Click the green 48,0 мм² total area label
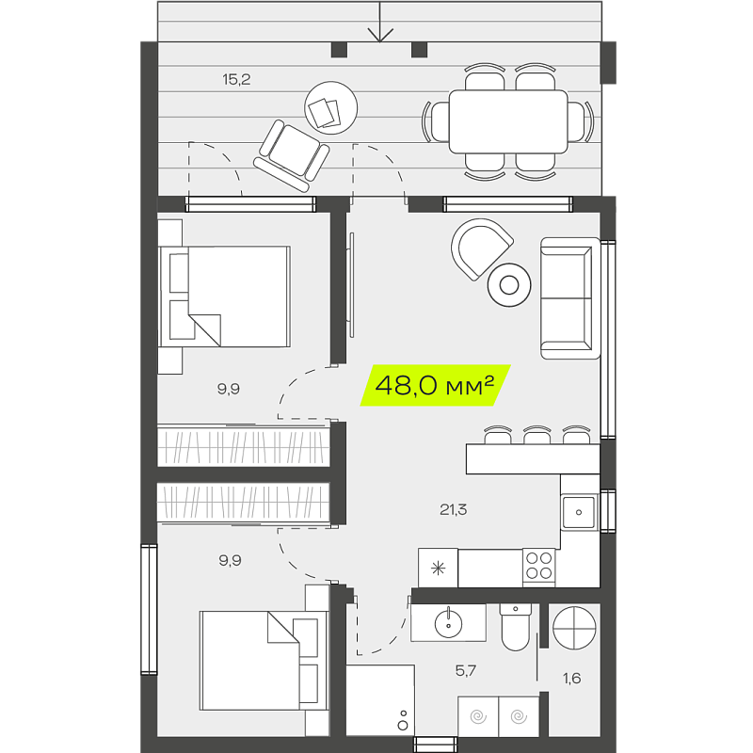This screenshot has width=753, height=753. (x=435, y=385)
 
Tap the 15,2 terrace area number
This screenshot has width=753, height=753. (x=236, y=79)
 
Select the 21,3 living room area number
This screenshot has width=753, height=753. (x=453, y=509)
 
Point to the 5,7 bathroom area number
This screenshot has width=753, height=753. (x=465, y=670)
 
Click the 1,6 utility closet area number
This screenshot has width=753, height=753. (x=571, y=678)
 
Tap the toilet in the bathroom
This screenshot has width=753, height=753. (x=515, y=627)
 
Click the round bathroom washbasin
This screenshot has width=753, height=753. (x=448, y=623)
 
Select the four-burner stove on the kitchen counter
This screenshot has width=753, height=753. (x=538, y=566)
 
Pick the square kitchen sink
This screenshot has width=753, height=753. (x=579, y=512)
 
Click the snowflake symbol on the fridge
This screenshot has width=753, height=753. (x=438, y=569)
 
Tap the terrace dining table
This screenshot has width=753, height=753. (x=508, y=121)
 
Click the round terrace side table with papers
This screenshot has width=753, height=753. (x=331, y=107)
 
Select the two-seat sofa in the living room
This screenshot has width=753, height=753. (x=570, y=297)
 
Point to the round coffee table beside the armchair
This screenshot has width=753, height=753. (x=509, y=285)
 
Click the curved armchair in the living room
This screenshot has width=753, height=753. (x=481, y=248)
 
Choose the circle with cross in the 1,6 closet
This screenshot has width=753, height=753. (x=574, y=628)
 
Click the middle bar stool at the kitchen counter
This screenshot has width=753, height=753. (x=537, y=435)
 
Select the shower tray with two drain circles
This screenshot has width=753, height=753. (x=380, y=699)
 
